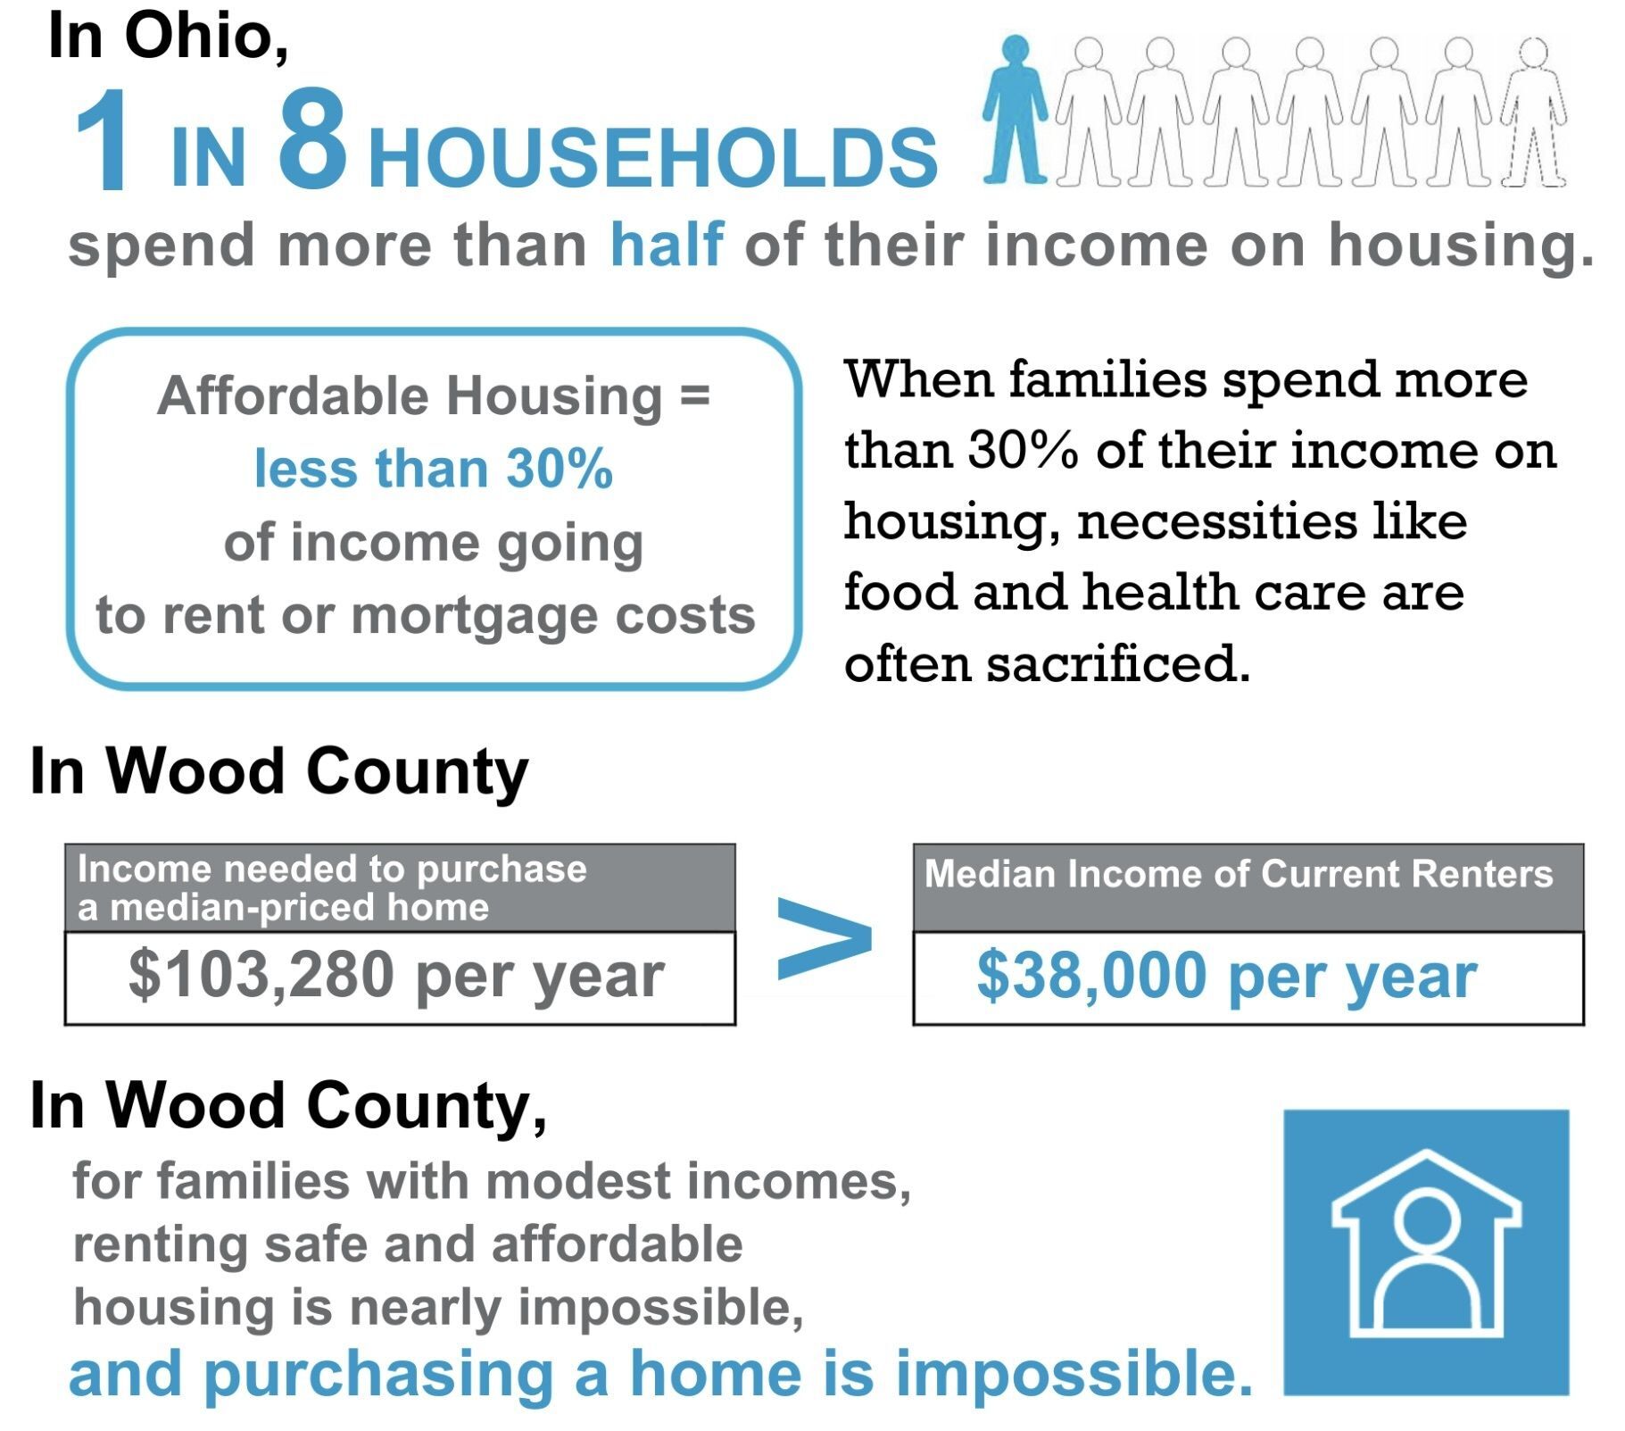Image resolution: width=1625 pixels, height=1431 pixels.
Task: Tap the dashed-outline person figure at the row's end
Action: tap(1533, 112)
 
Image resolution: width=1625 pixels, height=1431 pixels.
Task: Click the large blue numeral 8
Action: tap(312, 140)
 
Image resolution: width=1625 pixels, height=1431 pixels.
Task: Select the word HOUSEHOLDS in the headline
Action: tap(653, 158)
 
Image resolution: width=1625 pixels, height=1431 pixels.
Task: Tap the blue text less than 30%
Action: tap(434, 469)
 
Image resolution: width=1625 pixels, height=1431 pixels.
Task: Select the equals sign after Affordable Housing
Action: tap(695, 395)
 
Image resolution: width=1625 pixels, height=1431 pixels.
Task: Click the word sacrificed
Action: tap(1118, 663)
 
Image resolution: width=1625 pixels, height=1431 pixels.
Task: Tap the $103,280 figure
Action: tap(261, 974)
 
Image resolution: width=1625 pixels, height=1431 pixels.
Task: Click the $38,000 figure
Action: tap(1091, 975)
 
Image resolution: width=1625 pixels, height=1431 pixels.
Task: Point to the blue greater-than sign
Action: tap(824, 939)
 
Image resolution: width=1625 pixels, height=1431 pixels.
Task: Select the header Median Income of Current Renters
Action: tap(1239, 873)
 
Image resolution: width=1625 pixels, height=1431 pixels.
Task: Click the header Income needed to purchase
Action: tap(332, 869)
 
